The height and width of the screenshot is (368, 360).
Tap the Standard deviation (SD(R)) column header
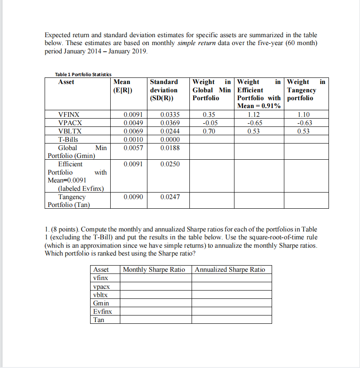click(164, 90)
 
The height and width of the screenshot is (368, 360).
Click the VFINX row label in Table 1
click(69, 116)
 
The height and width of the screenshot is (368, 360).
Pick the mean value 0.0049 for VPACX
click(128, 123)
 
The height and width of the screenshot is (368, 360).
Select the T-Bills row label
click(68, 139)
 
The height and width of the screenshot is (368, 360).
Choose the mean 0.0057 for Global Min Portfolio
click(128, 147)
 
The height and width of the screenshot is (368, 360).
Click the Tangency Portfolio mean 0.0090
click(128, 197)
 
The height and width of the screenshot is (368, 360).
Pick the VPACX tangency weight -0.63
click(303, 123)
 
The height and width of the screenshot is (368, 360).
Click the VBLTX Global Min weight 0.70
click(209, 131)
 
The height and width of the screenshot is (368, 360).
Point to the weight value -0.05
click(209, 123)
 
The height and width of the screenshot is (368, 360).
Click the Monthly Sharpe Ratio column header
click(154, 270)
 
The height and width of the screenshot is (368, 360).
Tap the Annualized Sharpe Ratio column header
click(230, 270)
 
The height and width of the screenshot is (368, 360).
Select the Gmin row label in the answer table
click(101, 303)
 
